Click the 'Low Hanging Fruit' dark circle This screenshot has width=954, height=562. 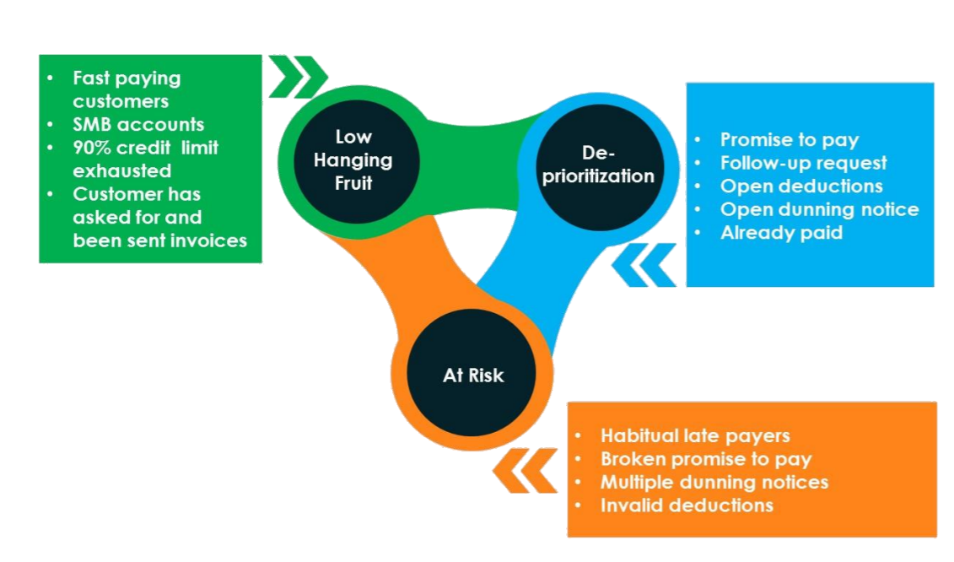pos(353,159)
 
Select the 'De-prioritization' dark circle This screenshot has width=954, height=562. pos(596,164)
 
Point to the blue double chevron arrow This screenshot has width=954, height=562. pos(644,265)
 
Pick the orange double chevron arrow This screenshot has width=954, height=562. pos(526,470)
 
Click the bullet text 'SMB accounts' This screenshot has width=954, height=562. pos(138,124)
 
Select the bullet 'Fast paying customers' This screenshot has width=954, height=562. pos(127,89)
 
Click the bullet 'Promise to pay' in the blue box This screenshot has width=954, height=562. pos(790,140)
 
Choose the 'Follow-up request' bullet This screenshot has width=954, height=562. pos(803,163)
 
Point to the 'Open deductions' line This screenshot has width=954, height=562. pos(801,186)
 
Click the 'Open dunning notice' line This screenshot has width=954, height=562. pos(819,209)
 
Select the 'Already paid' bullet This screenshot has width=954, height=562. pos(781,232)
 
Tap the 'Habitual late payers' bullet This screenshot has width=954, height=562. pos(695,435)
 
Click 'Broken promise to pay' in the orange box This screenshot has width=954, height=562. pos(706,459)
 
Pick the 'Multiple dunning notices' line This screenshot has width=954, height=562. pos(714,482)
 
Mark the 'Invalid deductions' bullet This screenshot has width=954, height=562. pos(687,505)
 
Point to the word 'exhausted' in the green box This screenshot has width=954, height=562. pos(121,170)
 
